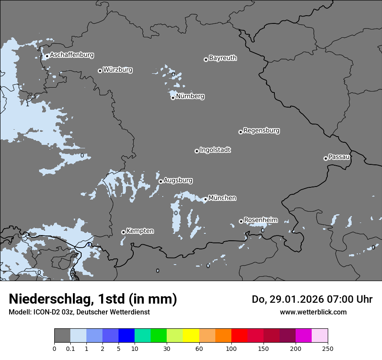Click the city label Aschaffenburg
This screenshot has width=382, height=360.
click(72, 55)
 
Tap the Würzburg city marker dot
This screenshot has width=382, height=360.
click(100, 71)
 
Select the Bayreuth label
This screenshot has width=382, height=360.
click(223, 58)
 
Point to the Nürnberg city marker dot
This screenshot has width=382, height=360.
click(173, 98)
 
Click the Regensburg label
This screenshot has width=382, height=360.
click(261, 130)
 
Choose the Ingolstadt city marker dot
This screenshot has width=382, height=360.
click(197, 151)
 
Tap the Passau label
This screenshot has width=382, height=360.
click(339, 157)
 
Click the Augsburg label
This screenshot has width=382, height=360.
click(178, 180)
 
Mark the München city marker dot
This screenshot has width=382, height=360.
click(205, 200)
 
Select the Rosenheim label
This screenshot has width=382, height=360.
click(260, 220)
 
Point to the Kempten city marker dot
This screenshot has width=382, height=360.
click(123, 232)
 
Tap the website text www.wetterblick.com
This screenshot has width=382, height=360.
click(313, 312)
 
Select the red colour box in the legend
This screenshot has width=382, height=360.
click(239, 336)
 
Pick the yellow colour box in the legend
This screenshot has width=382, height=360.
click(191, 336)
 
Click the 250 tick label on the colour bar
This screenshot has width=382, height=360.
click(328, 348)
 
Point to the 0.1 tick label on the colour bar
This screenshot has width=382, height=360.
click(70, 348)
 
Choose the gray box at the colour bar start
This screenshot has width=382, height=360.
click(62, 336)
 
